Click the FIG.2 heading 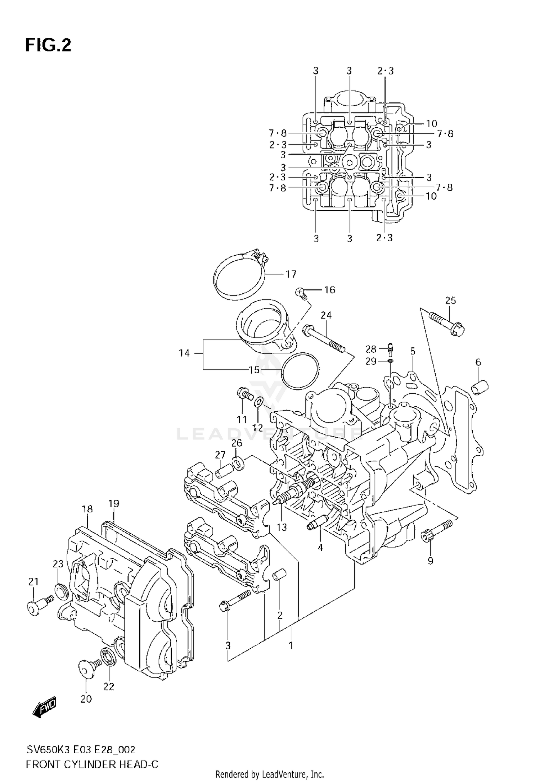[48, 46]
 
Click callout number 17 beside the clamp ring [291, 274]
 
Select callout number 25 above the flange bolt [450, 300]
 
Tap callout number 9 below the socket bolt [430, 561]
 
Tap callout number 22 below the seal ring [108, 686]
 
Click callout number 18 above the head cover [87, 509]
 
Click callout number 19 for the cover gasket [113, 503]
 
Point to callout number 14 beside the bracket [184, 353]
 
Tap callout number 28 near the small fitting [371, 349]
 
